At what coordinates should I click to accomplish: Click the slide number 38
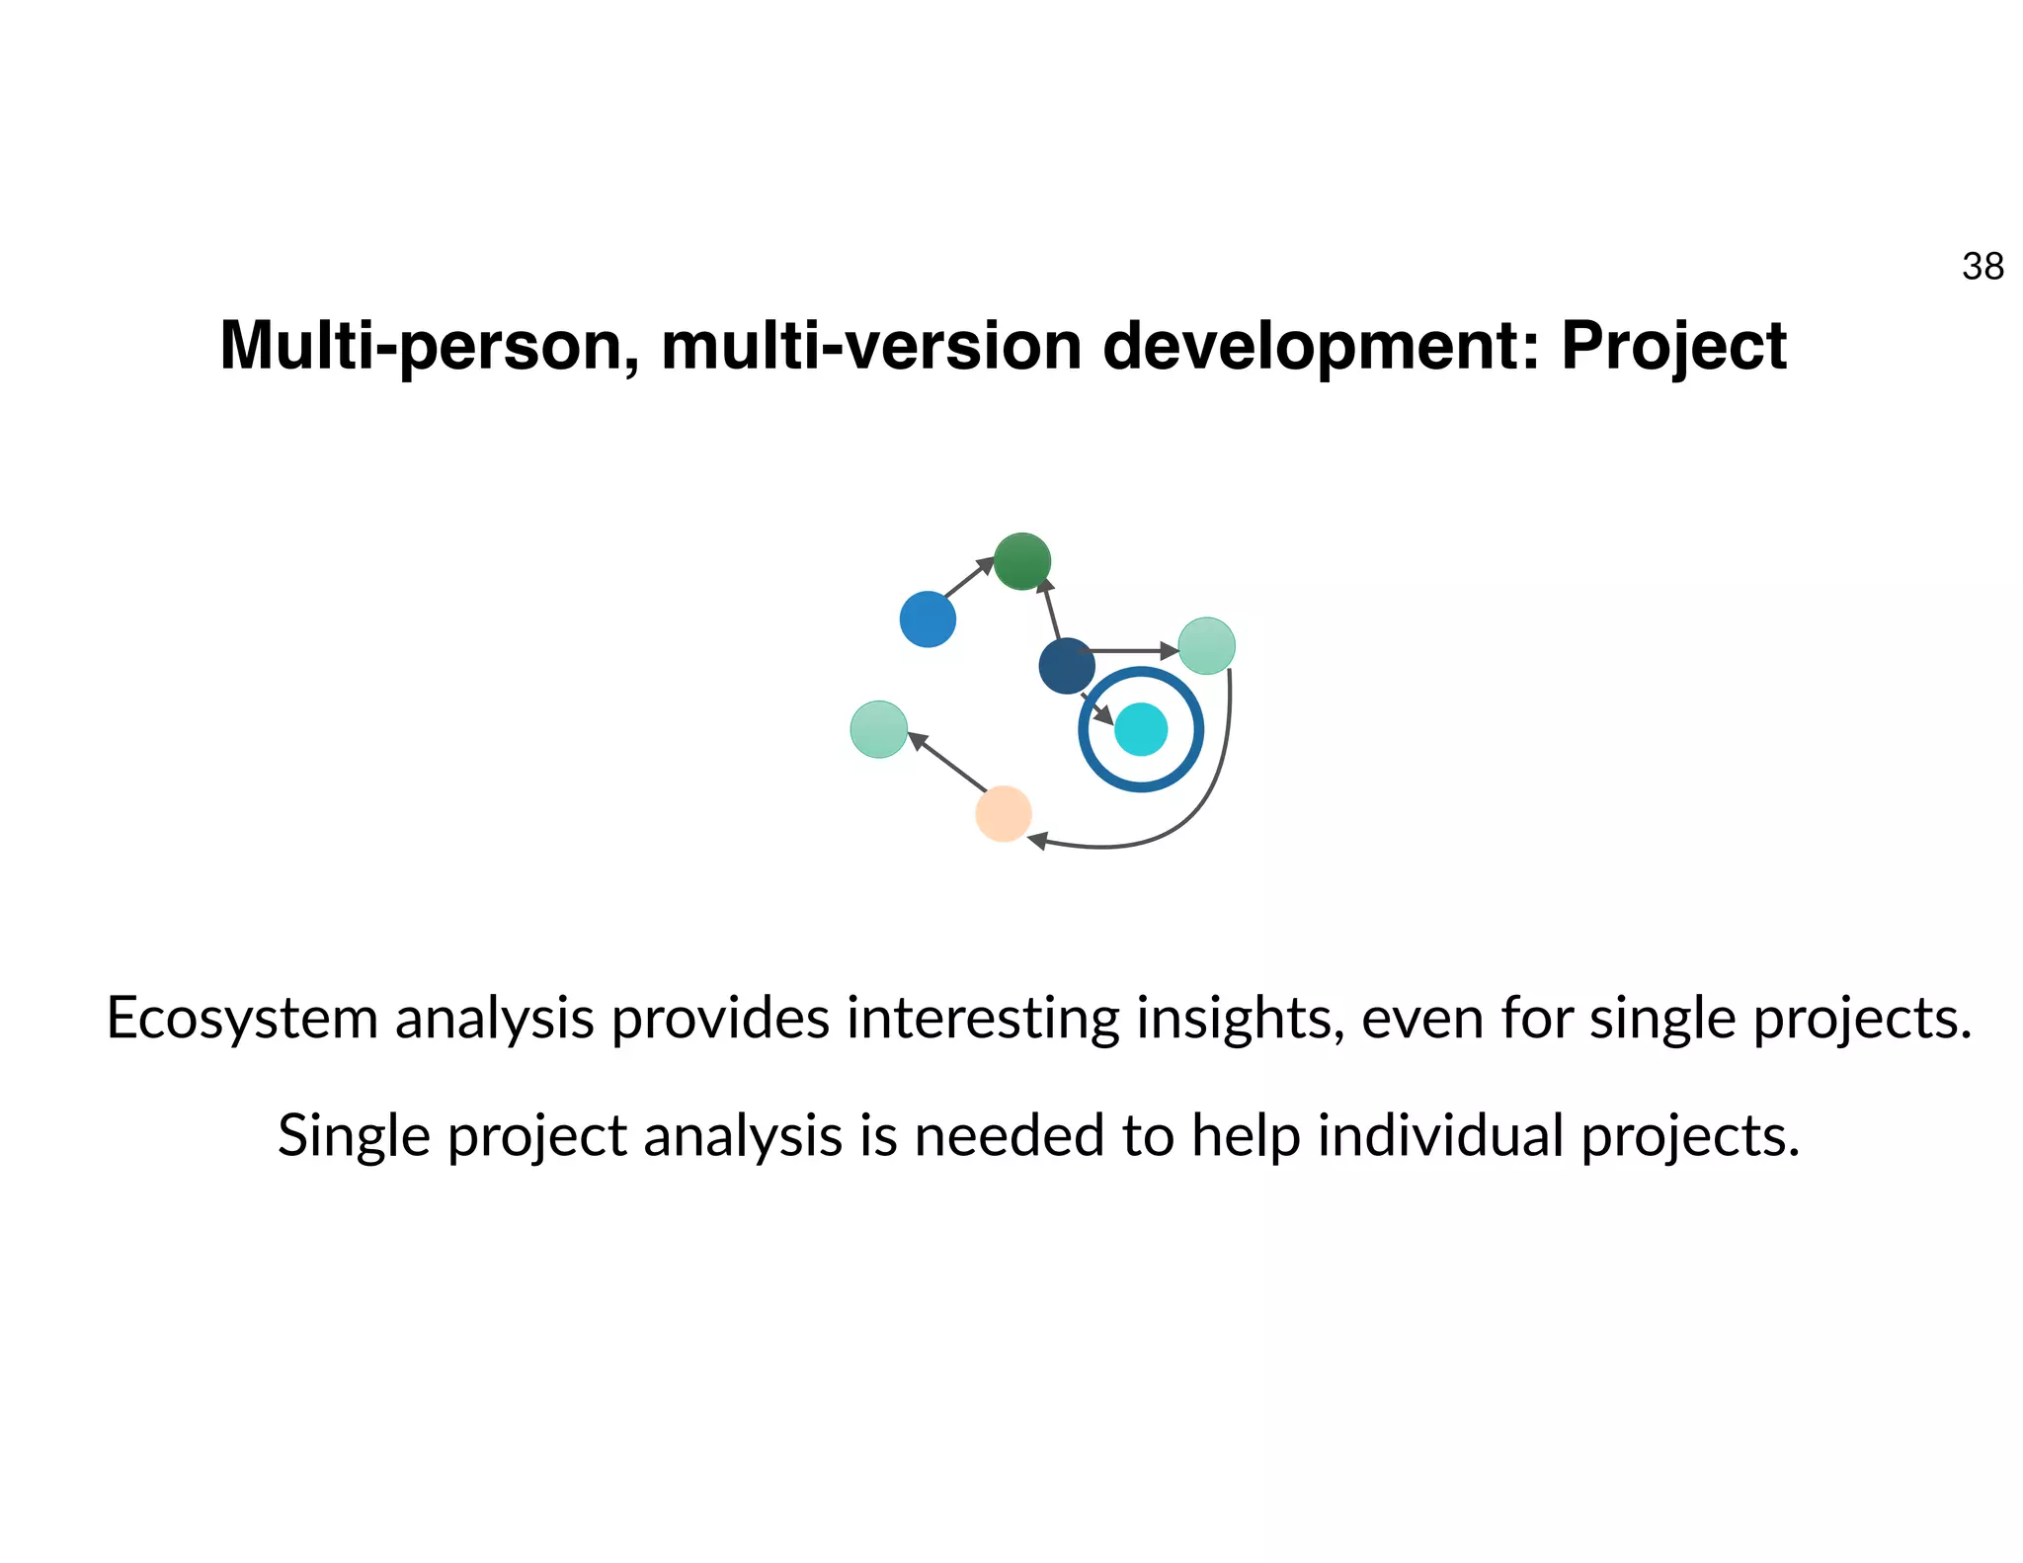click(1983, 267)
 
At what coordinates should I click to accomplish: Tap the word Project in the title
click(1673, 347)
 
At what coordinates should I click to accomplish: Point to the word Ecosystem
click(242, 1018)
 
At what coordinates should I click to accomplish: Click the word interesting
click(983, 1018)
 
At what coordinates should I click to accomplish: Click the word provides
click(720, 1018)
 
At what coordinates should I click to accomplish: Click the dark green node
click(1021, 561)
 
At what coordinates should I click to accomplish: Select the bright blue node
click(928, 619)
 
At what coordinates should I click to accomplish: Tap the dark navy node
click(1067, 666)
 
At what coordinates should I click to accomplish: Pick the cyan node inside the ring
click(1141, 729)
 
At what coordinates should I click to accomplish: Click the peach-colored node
click(1004, 814)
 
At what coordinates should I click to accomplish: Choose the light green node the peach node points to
click(879, 729)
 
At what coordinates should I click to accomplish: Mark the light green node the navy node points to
click(1206, 646)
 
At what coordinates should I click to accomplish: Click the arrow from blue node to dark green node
click(968, 578)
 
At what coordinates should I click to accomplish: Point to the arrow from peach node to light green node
click(946, 761)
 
